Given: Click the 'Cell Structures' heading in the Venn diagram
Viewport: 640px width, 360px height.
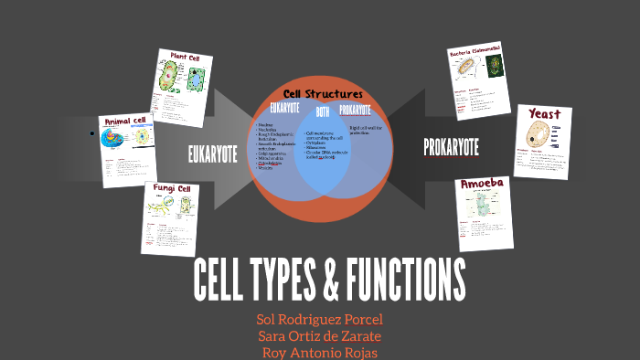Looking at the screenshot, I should [323, 94].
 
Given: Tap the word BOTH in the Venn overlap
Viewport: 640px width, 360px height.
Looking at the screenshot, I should [322, 112].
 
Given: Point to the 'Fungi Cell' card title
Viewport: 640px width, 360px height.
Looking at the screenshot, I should [172, 189].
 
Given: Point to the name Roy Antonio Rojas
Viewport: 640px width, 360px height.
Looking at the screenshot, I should [320, 352].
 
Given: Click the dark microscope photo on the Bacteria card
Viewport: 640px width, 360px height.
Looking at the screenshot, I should [494, 67].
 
